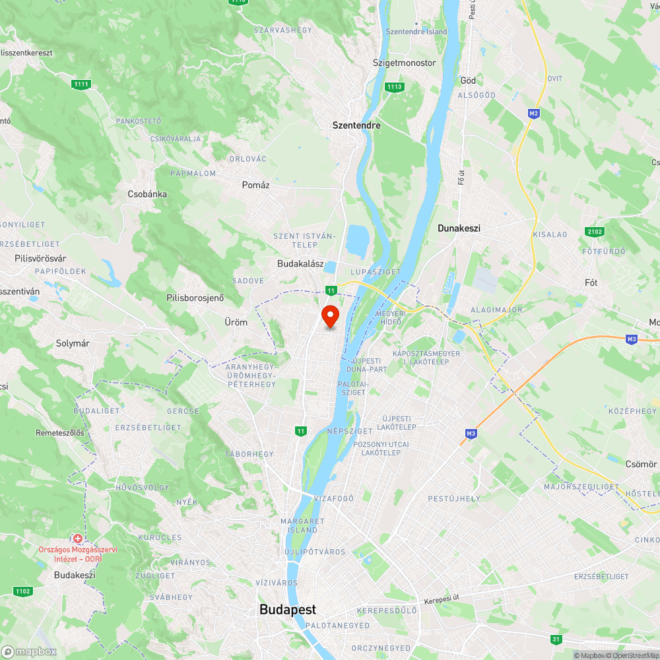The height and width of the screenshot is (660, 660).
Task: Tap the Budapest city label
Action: [287, 610]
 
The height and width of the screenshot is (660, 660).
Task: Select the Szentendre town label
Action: [356, 125]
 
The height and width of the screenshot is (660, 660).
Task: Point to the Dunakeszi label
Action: [459, 228]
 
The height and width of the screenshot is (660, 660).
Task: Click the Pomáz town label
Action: [255, 185]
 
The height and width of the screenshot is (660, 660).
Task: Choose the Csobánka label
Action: [147, 195]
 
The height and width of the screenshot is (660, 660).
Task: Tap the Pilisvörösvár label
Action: [41, 259]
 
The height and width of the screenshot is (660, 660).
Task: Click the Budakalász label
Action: [300, 264]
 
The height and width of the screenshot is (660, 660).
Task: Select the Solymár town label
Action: [73, 344]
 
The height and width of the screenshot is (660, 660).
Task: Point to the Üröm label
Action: [236, 322]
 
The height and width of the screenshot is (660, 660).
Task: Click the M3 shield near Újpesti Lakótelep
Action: [471, 434]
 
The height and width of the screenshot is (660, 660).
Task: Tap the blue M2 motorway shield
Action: [534, 114]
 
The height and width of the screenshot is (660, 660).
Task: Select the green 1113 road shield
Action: [395, 87]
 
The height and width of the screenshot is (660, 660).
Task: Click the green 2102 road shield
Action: [594, 232]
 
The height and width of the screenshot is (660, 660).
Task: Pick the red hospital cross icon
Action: [78, 539]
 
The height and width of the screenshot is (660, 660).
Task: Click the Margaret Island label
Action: [303, 525]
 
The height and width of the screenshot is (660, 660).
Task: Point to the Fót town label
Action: [591, 282]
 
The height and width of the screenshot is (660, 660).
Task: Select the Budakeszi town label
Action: [75, 575]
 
